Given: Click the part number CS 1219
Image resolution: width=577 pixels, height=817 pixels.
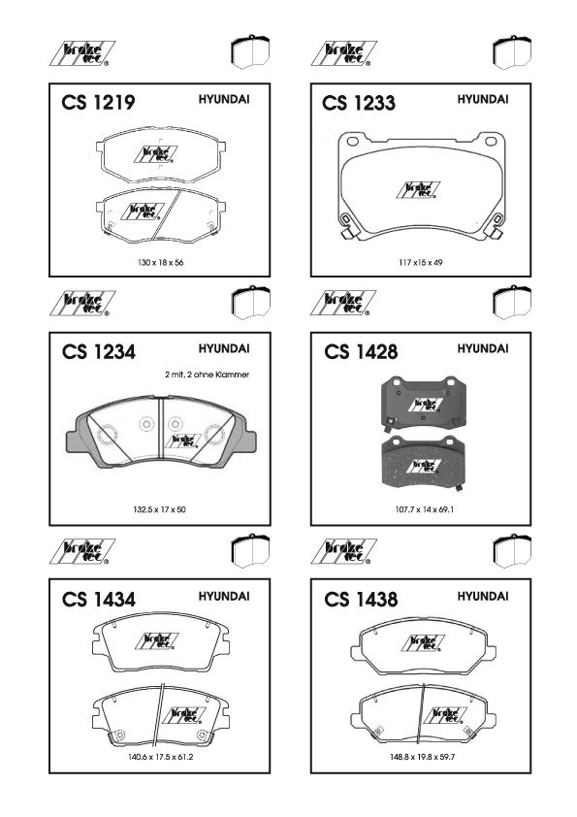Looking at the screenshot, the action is (x=98, y=102).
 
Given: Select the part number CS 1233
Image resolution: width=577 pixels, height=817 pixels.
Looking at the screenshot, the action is (x=359, y=103).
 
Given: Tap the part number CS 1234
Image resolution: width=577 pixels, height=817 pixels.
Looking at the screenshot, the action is (x=98, y=351).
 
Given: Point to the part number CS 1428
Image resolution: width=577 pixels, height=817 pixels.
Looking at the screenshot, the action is (x=361, y=351).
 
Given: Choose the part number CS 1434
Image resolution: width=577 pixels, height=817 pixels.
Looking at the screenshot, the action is (x=98, y=600).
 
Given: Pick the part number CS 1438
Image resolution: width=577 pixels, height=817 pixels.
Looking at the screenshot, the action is (x=361, y=600).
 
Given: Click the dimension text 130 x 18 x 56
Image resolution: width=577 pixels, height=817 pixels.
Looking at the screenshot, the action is (x=160, y=263).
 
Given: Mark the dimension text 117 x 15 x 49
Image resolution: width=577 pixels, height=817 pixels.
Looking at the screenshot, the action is (x=421, y=263).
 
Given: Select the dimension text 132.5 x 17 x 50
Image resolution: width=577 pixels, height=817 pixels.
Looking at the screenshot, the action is (x=159, y=509).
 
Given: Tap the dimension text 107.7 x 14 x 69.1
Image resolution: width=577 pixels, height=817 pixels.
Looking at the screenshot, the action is (x=424, y=509).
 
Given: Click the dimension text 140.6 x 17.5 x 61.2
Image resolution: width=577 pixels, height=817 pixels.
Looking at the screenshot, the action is (x=160, y=757).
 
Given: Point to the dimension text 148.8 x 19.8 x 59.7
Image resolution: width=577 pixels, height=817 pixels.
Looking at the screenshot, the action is (x=423, y=757).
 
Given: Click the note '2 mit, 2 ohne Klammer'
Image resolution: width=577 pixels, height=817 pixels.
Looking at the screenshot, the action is (x=208, y=375).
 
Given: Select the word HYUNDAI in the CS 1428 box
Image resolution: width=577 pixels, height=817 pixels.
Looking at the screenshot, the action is (x=483, y=348).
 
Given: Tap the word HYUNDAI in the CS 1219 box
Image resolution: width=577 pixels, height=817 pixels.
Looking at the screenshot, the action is (x=224, y=99).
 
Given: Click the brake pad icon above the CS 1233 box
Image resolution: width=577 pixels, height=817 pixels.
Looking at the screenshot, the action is (x=512, y=52).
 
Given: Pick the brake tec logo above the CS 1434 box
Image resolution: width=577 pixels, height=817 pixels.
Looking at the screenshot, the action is (x=82, y=552).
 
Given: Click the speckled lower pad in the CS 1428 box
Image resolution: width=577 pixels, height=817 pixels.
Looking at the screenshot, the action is (x=423, y=462).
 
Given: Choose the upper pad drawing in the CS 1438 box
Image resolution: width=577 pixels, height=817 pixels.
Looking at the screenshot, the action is (x=423, y=646).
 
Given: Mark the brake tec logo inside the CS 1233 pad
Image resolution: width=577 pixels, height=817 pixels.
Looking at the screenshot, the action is (x=418, y=190).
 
